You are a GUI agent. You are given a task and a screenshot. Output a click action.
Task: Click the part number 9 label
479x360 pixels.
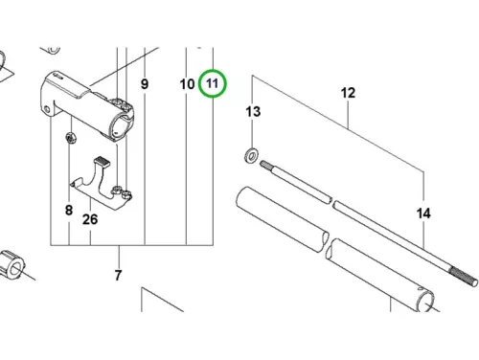pyautogui.click(x=145, y=84)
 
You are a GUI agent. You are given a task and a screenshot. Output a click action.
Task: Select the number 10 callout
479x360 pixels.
pyautogui.click(x=187, y=84)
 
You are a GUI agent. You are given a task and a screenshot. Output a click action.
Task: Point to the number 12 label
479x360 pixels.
pyautogui.click(x=348, y=93)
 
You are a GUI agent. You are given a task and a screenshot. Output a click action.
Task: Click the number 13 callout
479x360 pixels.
pyautogui.click(x=253, y=112)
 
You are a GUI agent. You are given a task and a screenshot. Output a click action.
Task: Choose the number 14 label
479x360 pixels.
pyautogui.click(x=423, y=213)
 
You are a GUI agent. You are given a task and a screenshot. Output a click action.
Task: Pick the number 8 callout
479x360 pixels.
pyautogui.click(x=69, y=210)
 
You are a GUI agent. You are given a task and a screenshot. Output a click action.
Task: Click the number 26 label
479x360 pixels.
pyautogui.click(x=90, y=219)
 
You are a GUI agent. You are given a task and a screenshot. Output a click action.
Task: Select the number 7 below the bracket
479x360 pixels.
pyautogui.click(x=118, y=275)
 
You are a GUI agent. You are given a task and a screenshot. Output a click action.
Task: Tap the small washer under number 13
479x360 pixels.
pyautogui.click(x=252, y=155)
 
